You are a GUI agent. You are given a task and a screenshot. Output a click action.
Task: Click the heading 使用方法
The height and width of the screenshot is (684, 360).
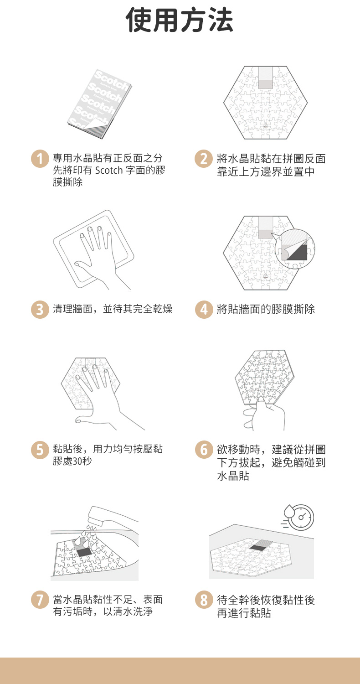[x=180, y=20]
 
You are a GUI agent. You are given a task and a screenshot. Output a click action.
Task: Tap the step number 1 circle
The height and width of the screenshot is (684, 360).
[x=40, y=159]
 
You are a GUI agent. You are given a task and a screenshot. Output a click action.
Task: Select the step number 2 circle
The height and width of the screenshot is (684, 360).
[x=204, y=159]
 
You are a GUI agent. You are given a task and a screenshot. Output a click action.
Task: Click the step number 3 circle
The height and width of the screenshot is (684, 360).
[x=40, y=309]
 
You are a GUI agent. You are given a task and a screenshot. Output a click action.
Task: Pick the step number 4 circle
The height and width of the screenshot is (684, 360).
[x=204, y=309]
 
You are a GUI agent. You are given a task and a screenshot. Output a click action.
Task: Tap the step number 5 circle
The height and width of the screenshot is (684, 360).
[x=40, y=450]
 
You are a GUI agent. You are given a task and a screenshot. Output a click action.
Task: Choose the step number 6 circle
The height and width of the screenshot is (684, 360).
[x=204, y=450]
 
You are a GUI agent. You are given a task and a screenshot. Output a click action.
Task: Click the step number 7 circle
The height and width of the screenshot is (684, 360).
[x=40, y=600]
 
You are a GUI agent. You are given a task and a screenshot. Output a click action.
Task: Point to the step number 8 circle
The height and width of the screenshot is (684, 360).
[x=204, y=600]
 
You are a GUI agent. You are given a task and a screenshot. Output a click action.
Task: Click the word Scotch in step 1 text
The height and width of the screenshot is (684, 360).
[x=108, y=170]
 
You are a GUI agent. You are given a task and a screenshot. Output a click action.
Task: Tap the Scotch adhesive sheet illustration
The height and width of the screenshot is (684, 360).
[x=100, y=104]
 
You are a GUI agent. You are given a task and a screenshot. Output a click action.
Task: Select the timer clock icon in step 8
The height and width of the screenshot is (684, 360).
[x=298, y=517]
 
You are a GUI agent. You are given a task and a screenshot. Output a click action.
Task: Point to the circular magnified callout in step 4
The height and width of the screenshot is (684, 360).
[x=295, y=249]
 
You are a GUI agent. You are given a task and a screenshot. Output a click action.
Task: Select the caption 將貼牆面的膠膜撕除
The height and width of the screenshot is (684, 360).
[x=266, y=309]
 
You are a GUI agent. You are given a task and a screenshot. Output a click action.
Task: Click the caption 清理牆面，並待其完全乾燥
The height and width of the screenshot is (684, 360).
[x=113, y=309]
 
